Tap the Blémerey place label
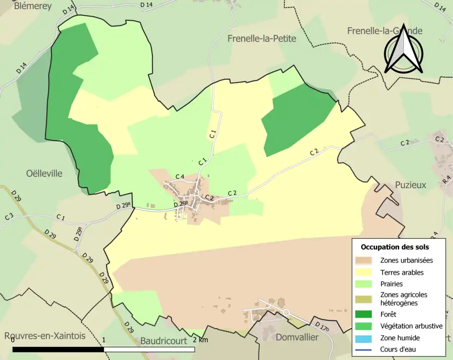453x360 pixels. point(33,6)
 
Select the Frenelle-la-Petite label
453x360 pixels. point(261,39)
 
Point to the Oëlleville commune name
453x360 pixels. point(44,173)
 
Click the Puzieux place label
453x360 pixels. point(411,185)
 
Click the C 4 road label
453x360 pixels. point(179,176)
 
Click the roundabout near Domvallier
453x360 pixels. point(286,312)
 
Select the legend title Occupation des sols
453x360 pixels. point(394,247)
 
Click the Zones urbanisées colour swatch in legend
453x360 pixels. point(365,260)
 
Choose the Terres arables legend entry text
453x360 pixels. point(402,272)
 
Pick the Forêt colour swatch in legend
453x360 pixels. point(365,314)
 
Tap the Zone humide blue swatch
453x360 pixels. point(365,338)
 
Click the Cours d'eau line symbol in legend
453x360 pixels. point(365,350)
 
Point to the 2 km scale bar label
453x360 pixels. point(200,340)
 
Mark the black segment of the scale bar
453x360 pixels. point(58,350)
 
